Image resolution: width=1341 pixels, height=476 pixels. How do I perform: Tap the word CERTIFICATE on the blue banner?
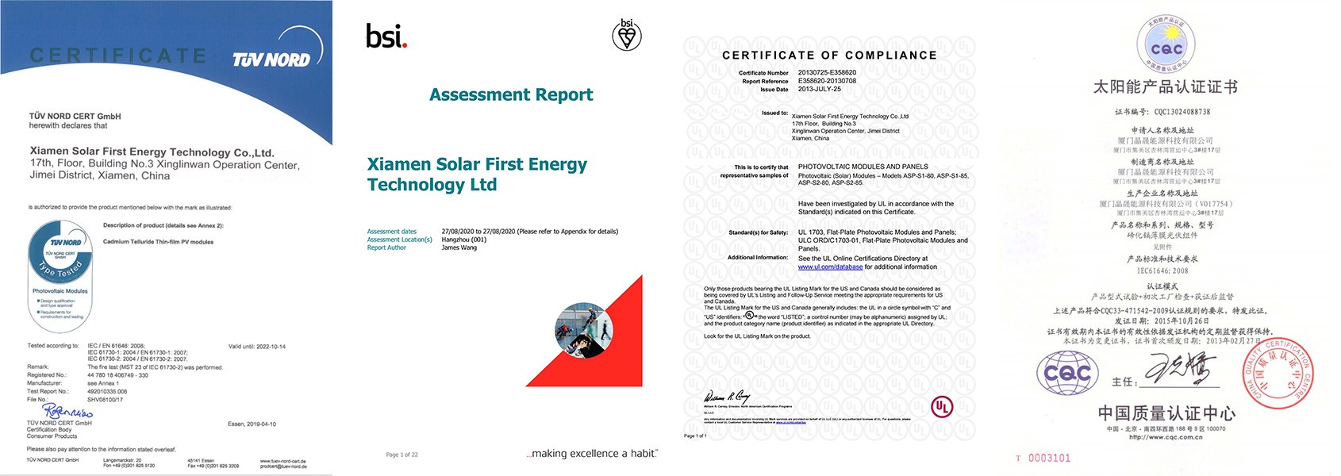118,56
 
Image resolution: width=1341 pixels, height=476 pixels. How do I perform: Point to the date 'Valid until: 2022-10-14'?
256,347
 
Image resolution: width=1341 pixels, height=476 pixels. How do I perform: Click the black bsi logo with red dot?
386,36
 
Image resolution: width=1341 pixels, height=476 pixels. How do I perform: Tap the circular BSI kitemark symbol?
627,35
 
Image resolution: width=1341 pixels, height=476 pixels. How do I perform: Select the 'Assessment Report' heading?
511,94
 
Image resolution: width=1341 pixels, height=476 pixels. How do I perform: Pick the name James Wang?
459,248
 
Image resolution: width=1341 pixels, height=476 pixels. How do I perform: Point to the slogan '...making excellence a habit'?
592,454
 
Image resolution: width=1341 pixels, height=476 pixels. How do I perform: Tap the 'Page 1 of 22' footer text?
402,455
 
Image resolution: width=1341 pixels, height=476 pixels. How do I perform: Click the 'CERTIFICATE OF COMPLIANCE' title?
829,55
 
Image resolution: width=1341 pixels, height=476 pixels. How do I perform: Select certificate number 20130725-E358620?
827,72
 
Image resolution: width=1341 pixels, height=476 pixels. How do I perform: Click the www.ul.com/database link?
830,267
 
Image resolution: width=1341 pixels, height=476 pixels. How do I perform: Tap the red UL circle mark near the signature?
942,407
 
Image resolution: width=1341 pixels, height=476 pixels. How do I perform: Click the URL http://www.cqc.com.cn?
1166,437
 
